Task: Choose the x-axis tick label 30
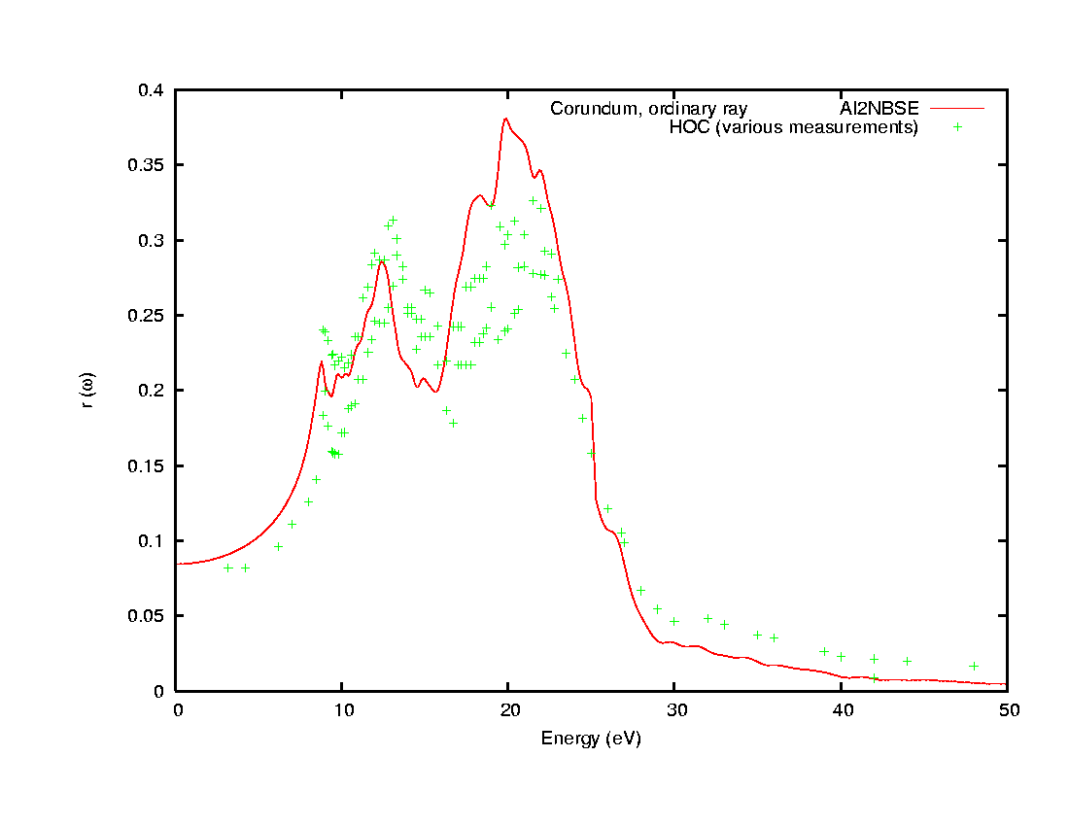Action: click(674, 710)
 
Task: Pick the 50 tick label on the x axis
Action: click(1007, 710)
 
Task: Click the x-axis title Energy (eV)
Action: click(591, 739)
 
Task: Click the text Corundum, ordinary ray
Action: click(648, 108)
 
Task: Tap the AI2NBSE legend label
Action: click(879, 108)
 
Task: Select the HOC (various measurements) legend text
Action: click(794, 127)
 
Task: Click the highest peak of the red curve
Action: click(506, 119)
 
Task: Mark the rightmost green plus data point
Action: click(974, 666)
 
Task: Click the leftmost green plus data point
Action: click(228, 568)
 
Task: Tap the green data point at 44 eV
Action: click(907, 661)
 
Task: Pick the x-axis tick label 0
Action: click(177, 710)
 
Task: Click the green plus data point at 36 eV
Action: click(775, 637)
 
